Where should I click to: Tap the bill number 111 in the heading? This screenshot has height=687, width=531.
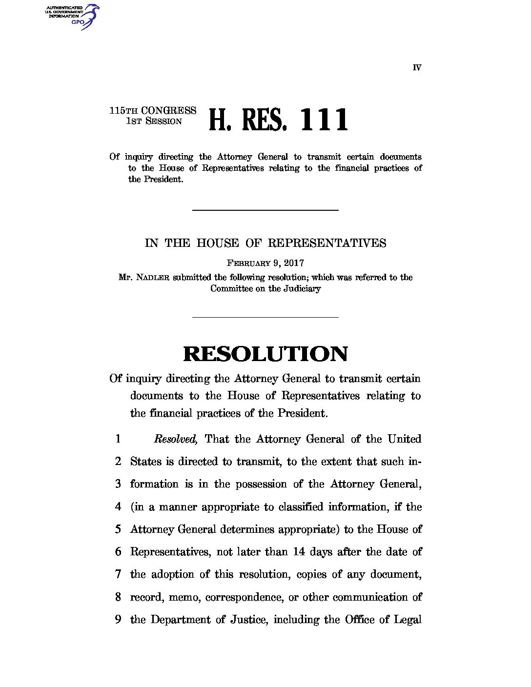tap(324, 120)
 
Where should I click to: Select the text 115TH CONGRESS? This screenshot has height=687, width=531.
tap(153, 111)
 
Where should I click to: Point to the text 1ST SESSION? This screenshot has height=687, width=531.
tap(154, 121)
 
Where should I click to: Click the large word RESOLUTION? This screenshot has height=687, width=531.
tap(265, 354)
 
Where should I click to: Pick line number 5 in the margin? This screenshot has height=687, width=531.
tap(118, 529)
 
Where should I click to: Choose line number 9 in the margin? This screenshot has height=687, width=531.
tap(118, 620)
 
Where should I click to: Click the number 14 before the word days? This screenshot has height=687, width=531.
tap(299, 552)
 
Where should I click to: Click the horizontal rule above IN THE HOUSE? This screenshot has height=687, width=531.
tap(265, 210)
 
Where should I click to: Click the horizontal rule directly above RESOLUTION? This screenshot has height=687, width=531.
tap(265, 317)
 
